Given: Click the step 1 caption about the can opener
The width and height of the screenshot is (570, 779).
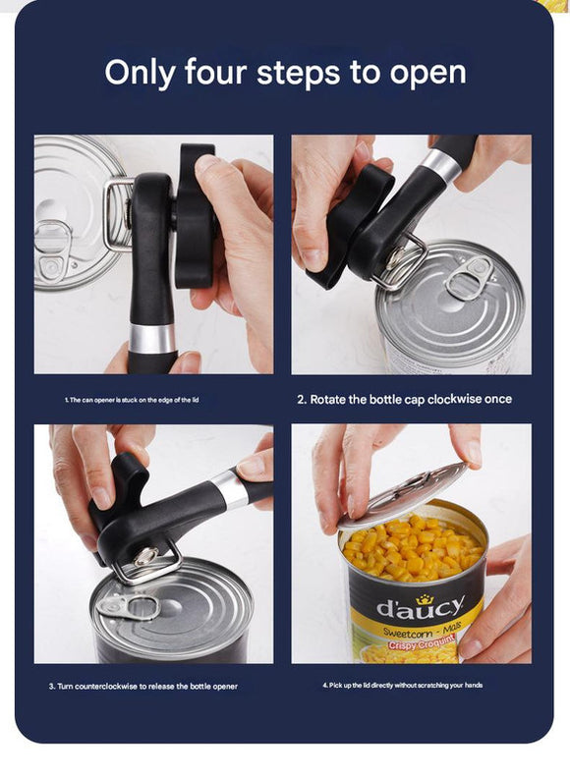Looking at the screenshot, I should (132, 401).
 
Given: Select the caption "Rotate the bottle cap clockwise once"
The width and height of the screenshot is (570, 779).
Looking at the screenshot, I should (404, 400).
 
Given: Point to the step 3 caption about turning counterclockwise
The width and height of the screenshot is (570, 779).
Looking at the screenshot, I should (142, 686).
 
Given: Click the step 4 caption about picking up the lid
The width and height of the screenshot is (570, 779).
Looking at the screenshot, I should (402, 685).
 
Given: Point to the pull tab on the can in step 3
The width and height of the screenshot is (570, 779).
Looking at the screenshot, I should (128, 605).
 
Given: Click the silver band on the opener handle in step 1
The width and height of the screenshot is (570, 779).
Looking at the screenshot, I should (152, 338).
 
